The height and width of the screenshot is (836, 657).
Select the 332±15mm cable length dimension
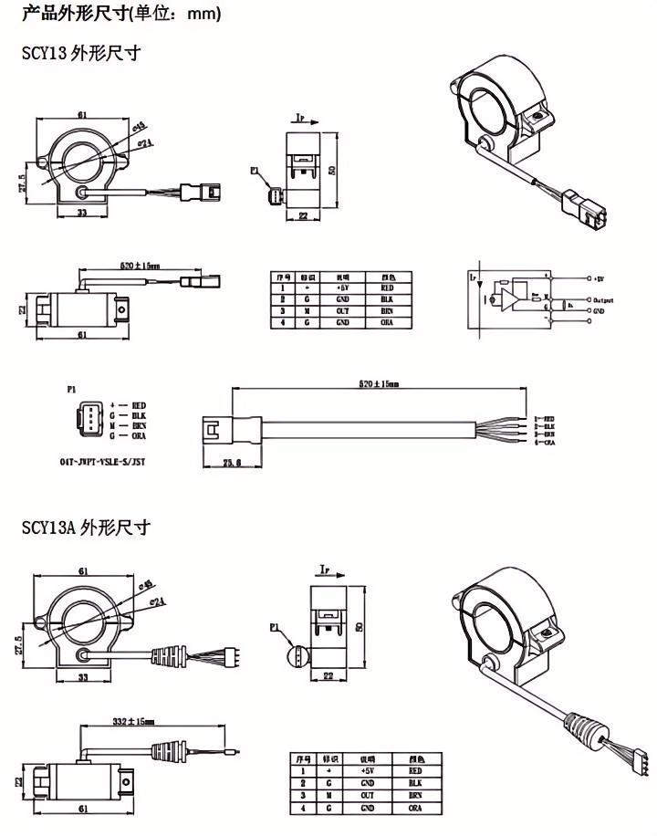pyautogui.click(x=137, y=721)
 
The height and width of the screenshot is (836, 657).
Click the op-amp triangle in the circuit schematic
pyautogui.click(x=511, y=297)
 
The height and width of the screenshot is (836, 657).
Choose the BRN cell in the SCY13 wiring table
pyautogui.click(x=387, y=310)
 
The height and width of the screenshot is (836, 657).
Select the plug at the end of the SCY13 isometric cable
pyautogui.click(x=579, y=207)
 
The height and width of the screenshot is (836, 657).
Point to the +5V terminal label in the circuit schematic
pyautogui.click(x=598, y=277)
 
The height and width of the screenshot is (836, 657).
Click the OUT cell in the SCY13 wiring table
pyautogui.click(x=342, y=310)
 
